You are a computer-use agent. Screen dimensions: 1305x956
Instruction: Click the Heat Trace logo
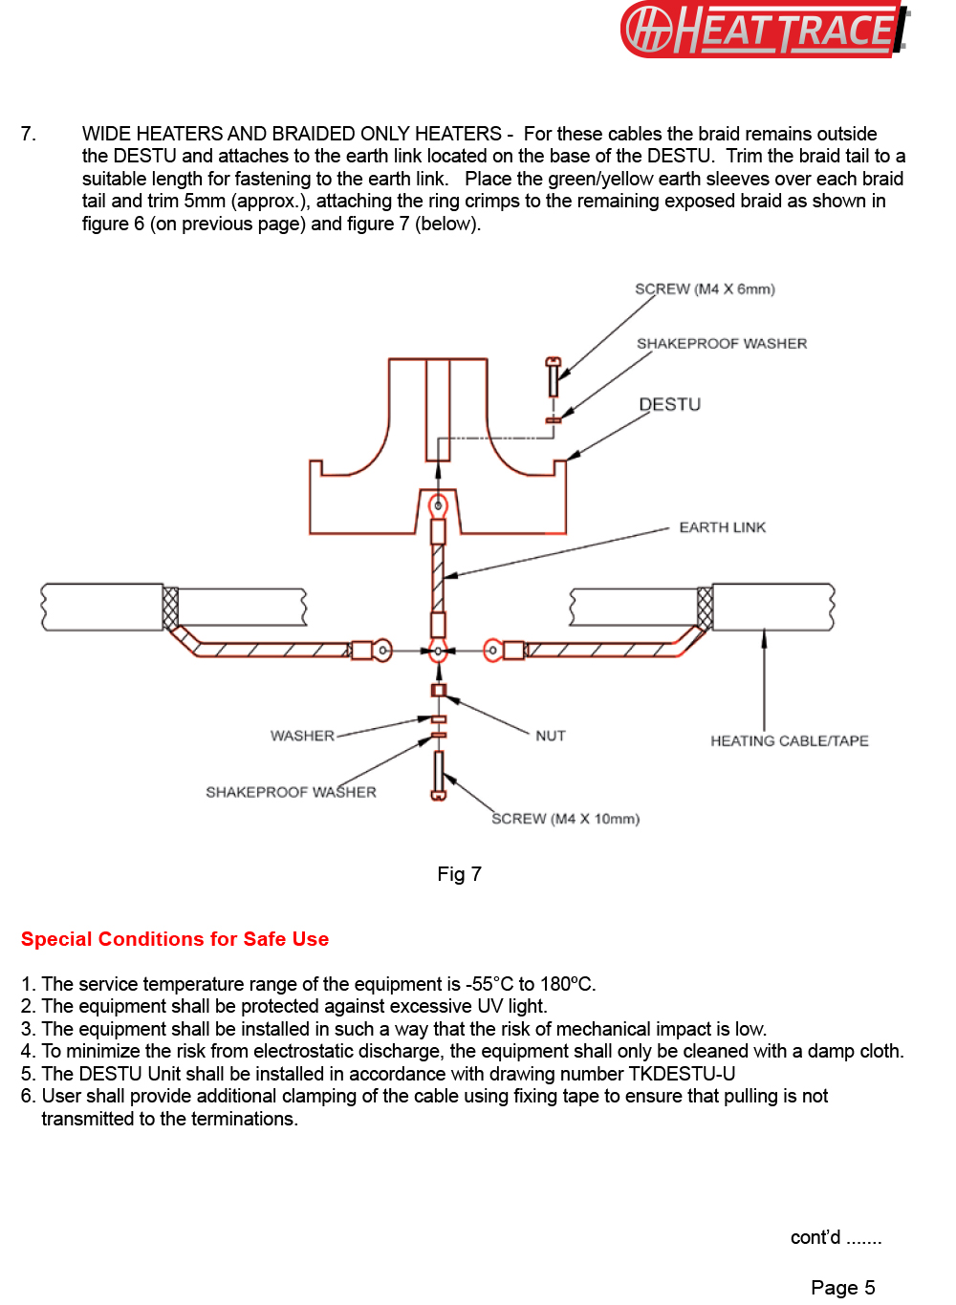[764, 30]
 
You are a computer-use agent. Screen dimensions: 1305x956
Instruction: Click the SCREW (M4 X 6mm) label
[705, 289]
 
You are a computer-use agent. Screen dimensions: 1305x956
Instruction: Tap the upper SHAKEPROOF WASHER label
[722, 343]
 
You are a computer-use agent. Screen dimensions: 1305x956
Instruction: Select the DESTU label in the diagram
[669, 404]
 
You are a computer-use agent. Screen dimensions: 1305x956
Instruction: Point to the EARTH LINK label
[722, 527]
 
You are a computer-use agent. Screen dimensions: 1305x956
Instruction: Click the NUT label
[551, 736]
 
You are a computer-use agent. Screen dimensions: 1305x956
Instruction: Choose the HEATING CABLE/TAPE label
[789, 740]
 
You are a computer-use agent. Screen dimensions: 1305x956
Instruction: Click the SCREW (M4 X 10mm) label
[565, 819]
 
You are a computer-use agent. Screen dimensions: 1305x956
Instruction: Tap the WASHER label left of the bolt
[302, 736]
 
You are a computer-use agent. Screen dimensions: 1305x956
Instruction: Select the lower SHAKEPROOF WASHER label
[291, 792]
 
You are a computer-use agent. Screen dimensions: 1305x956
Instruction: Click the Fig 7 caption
[459, 874]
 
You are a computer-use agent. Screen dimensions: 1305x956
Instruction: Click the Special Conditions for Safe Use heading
[175, 939]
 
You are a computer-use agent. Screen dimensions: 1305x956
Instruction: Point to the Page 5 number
[842, 1288]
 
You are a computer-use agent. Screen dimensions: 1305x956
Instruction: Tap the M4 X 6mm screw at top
[553, 377]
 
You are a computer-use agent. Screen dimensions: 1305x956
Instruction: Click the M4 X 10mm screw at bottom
[439, 775]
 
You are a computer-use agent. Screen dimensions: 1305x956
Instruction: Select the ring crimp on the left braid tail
[380, 651]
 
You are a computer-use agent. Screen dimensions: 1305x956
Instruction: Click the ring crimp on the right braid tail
[494, 651]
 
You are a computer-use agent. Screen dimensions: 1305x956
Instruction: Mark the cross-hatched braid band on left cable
[170, 608]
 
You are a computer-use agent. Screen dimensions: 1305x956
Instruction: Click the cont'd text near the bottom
[835, 1238]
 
